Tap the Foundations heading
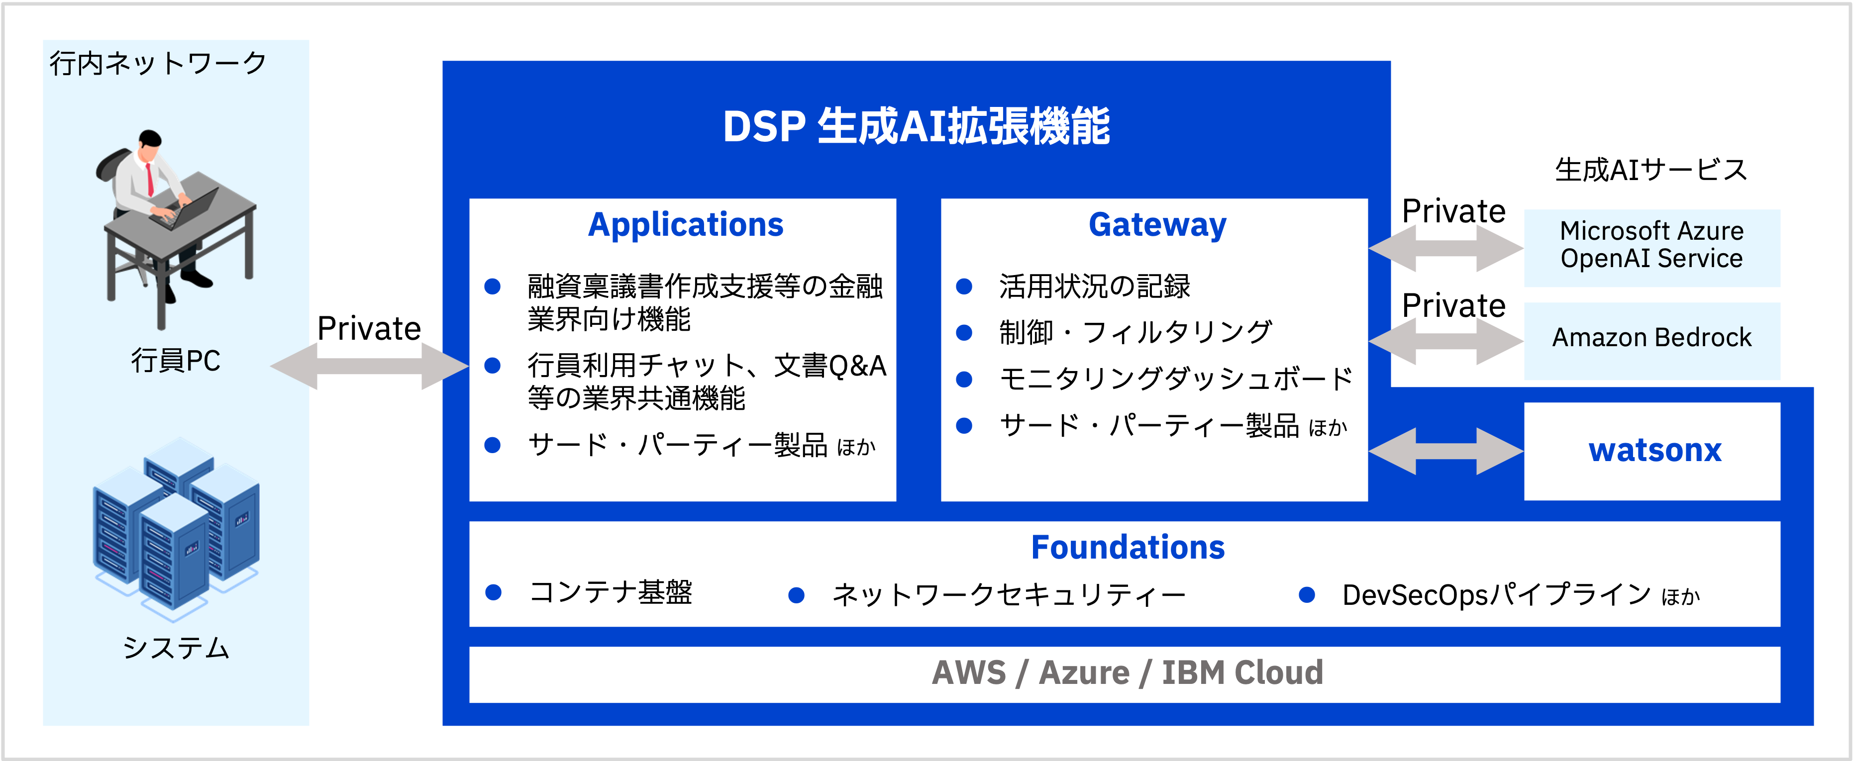click(1128, 548)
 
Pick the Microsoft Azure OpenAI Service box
click(1652, 245)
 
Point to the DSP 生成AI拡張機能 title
click(916, 127)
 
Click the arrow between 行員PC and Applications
click(370, 366)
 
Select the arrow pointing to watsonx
click(1446, 451)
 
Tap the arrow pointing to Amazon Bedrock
click(1446, 341)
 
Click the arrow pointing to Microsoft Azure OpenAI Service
click(1446, 248)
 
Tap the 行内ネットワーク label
click(158, 63)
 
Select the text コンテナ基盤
click(611, 593)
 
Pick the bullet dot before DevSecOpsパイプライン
click(1307, 595)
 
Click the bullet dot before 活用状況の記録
click(964, 287)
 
